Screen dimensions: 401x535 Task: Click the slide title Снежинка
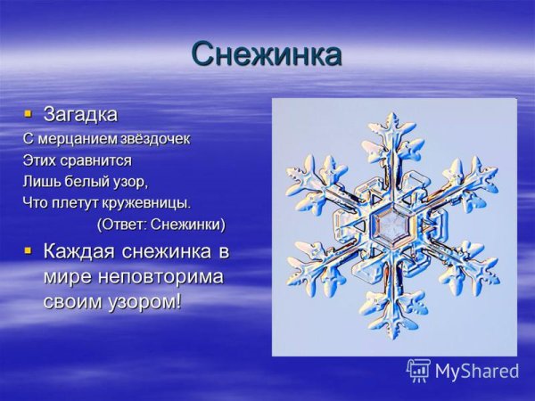[x=266, y=54]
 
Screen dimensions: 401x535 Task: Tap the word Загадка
[x=80, y=115]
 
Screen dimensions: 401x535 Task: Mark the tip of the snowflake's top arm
[x=391, y=115]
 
